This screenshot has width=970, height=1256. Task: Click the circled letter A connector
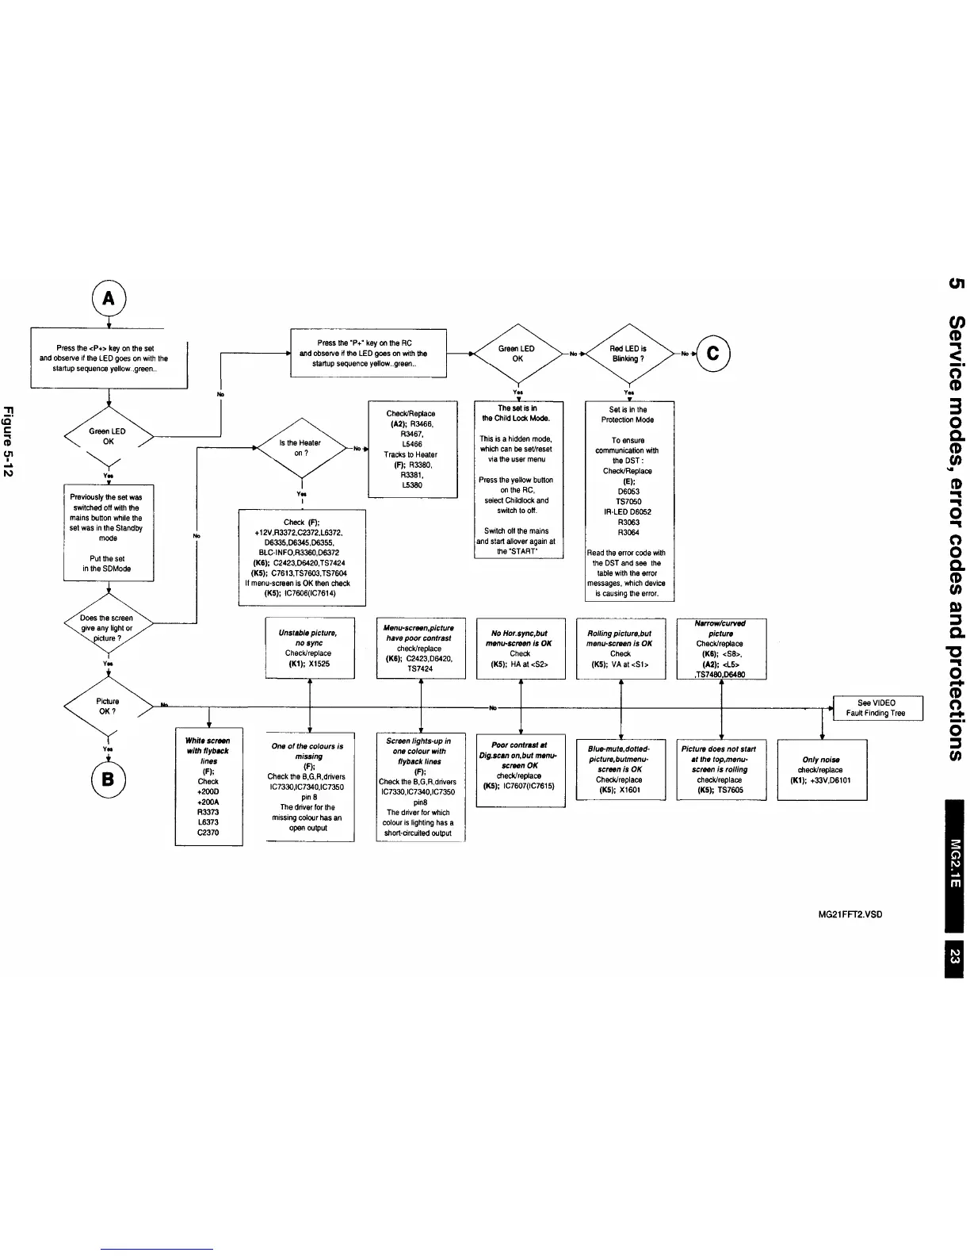pyautogui.click(x=109, y=299)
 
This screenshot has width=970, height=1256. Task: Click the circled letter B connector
pyautogui.click(x=108, y=778)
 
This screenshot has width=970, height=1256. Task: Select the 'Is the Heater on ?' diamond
pyautogui.click(x=301, y=448)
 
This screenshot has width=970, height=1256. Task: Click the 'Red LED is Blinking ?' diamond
pyautogui.click(x=628, y=354)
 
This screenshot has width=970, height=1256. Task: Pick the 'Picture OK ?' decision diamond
pyautogui.click(x=108, y=706)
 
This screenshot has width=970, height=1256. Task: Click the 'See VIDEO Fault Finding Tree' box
pyautogui.click(x=876, y=708)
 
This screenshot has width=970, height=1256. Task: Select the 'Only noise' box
pyautogui.click(x=822, y=769)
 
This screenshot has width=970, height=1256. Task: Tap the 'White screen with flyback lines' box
pyautogui.click(x=208, y=786)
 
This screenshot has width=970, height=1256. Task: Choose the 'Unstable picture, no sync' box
pyautogui.click(x=309, y=649)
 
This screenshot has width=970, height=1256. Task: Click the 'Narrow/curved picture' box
pyautogui.click(x=721, y=649)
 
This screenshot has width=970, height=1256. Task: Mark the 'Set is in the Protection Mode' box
pyautogui.click(x=628, y=501)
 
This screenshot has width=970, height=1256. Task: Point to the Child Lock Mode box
pyautogui.click(x=518, y=479)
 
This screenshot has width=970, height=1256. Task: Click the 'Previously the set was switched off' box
pyautogui.click(x=108, y=532)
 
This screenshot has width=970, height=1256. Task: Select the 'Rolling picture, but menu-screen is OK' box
pyautogui.click(x=621, y=649)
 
